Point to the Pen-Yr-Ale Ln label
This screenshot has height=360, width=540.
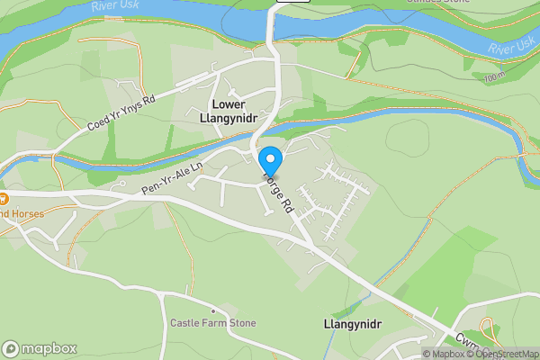[x=173, y=177]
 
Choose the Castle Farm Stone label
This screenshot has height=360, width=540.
[x=213, y=323]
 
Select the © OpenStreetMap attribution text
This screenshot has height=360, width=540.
[x=505, y=354]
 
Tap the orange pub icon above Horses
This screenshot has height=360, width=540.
[x=3, y=197]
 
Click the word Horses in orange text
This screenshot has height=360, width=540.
[x=18, y=214]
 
